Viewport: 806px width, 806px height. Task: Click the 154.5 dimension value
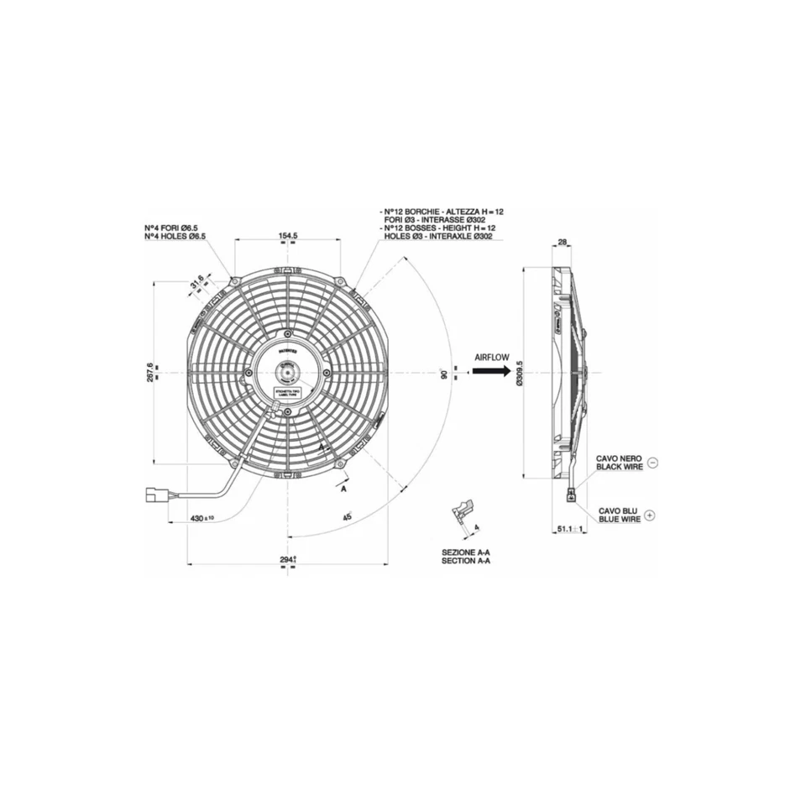pyautogui.click(x=288, y=236)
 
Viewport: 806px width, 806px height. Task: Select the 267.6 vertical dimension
pyautogui.click(x=150, y=371)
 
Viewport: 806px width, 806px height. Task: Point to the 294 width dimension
pyautogui.click(x=288, y=558)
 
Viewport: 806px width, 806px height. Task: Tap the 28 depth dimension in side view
pyautogui.click(x=563, y=242)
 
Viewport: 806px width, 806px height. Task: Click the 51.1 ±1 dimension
pyautogui.click(x=570, y=530)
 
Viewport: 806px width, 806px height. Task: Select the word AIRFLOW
pyautogui.click(x=492, y=357)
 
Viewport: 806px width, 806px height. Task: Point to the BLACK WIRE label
pyautogui.click(x=619, y=466)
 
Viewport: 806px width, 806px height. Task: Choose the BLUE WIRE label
pyautogui.click(x=620, y=520)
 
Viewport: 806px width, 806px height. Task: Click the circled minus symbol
pyautogui.click(x=653, y=462)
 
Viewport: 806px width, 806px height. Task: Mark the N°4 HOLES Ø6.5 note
pyautogui.click(x=175, y=237)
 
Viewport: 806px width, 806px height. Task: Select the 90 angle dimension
pyautogui.click(x=444, y=373)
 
